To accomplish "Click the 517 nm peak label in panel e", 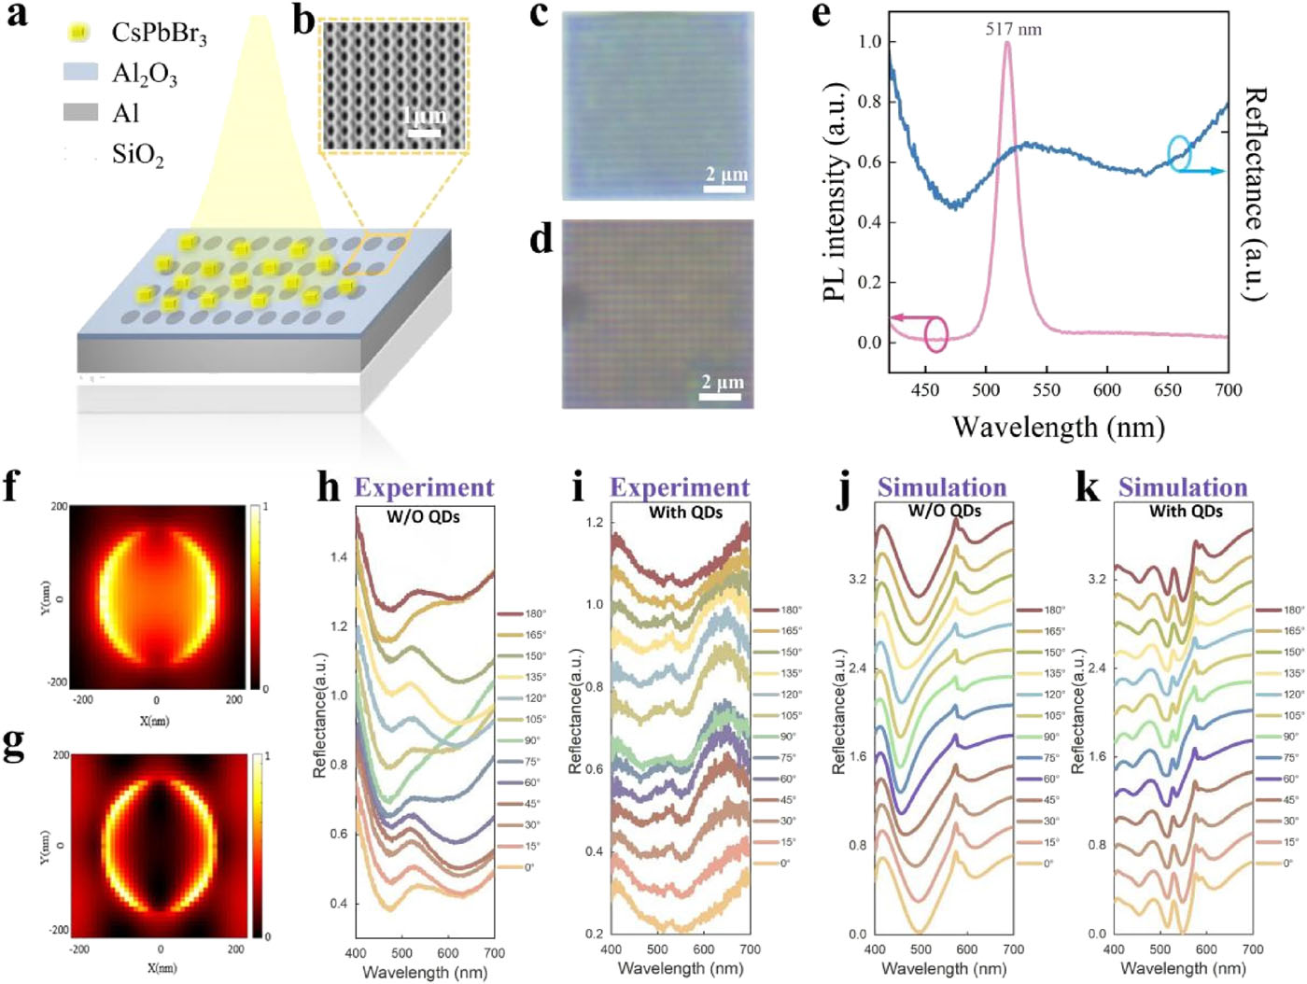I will [1013, 29].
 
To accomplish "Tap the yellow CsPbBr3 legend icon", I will [78, 33].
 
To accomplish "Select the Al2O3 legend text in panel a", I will [145, 73].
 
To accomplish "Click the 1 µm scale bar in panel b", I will [424, 132].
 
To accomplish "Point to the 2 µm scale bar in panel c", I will [724, 190].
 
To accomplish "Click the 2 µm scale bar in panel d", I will [721, 397].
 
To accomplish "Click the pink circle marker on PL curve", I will [935, 334].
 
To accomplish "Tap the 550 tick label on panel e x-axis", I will [1047, 390].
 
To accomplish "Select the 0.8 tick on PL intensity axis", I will [869, 102].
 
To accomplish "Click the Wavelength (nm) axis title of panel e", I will [1058, 428].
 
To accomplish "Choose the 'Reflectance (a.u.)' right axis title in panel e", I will [1257, 193].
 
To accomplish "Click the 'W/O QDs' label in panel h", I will [423, 516].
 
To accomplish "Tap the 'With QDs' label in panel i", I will [685, 512].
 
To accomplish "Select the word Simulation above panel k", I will [1183, 487].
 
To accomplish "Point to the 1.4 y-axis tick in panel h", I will [338, 556].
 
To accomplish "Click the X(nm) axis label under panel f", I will [155, 721].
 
